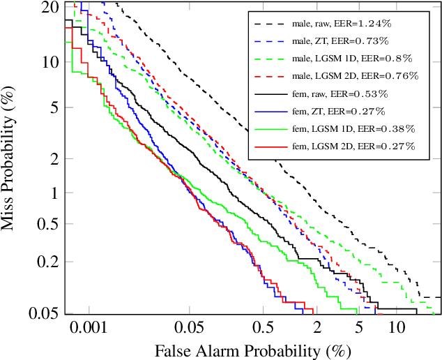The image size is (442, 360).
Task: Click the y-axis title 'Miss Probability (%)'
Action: coord(10,158)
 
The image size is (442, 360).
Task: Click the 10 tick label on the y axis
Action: coord(49,61)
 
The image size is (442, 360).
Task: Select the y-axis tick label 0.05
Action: coord(43,313)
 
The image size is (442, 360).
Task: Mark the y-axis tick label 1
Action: coord(53,193)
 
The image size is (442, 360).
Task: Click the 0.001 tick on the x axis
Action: coord(89,327)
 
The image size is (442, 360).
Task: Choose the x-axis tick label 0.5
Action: coord(263,327)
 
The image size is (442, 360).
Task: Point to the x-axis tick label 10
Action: coord(397,327)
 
